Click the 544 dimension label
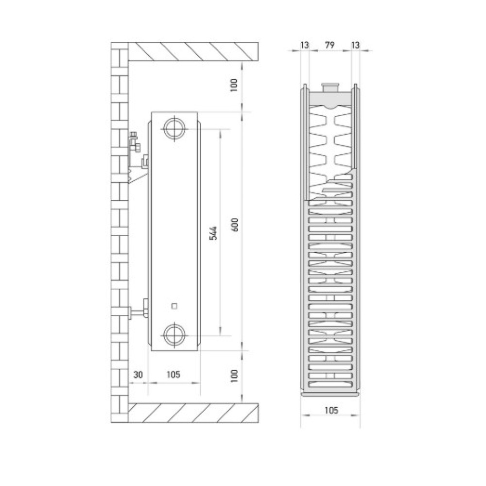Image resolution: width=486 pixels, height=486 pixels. tap(213, 233)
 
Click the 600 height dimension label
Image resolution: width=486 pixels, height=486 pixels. tap(235, 225)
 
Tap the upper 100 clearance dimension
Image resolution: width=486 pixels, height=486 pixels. tap(234, 85)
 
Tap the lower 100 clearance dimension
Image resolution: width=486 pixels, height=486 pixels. tap(234, 376)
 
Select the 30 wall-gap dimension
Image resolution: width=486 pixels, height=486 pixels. tap(138, 374)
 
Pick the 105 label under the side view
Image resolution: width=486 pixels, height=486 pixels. tap(173, 374)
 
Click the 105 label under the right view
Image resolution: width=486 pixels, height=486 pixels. tap(331, 410)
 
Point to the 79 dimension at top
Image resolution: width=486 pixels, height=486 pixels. tap(330, 45)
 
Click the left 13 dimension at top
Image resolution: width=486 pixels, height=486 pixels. tap(305, 45)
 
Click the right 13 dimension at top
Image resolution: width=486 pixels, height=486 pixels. tap(356, 45)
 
